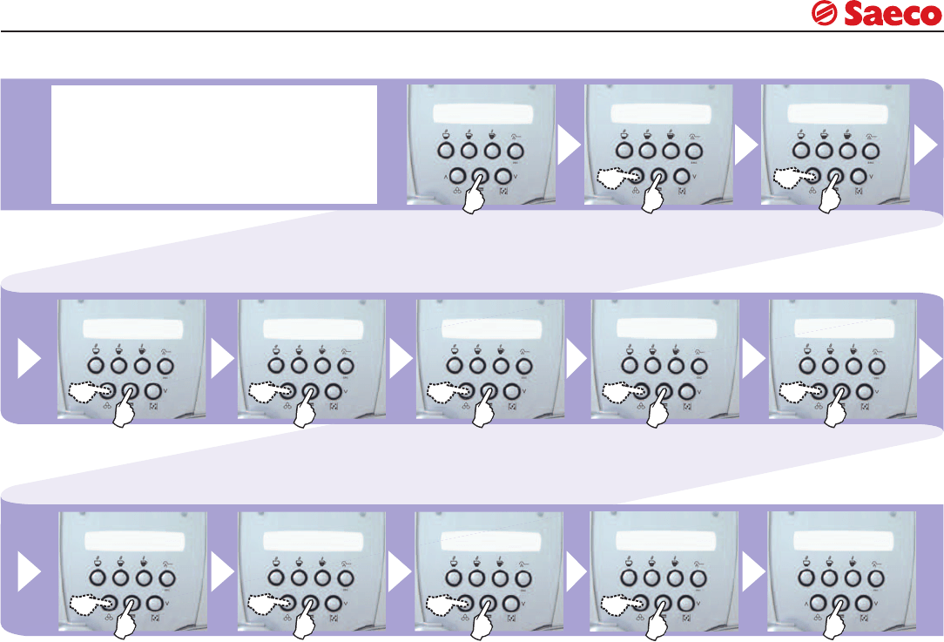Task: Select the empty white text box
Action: [x=214, y=144]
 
